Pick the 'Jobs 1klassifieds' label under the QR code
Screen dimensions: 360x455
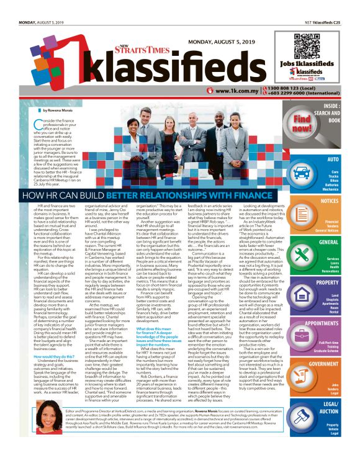309,65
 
